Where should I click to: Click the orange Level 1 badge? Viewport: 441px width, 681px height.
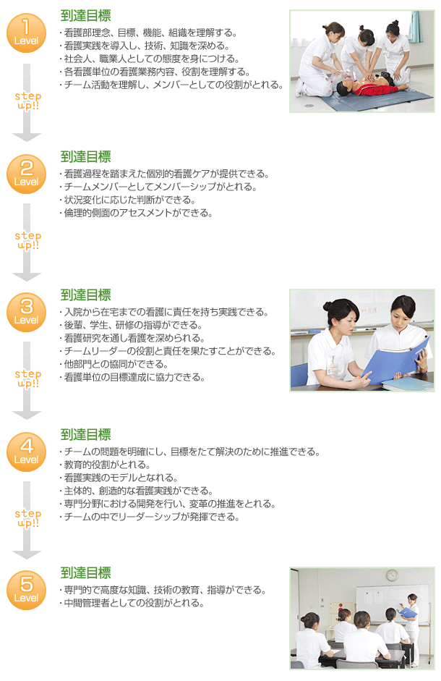[26, 33]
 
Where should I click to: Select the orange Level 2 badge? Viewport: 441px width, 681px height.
[26, 174]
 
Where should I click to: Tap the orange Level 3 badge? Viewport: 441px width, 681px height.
[26, 312]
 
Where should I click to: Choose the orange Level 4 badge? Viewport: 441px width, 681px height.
[26, 452]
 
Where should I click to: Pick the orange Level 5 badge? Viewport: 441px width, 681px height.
[26, 590]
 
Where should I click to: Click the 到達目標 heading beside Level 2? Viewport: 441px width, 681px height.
[85, 157]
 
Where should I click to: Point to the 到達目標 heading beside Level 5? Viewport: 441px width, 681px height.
[85, 573]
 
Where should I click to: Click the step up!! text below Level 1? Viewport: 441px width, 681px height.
[27, 101]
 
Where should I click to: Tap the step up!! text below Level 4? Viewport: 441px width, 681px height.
[27, 518]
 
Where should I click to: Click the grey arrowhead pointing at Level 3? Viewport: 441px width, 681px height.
[27, 276]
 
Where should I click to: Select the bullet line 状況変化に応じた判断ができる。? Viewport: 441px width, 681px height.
[127, 200]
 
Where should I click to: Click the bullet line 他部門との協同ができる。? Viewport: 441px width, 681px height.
[114, 364]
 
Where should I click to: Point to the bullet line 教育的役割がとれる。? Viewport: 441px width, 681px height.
[105, 465]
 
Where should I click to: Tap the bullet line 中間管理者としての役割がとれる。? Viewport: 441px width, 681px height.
[131, 603]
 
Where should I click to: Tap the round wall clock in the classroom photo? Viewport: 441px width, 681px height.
[392, 575]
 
